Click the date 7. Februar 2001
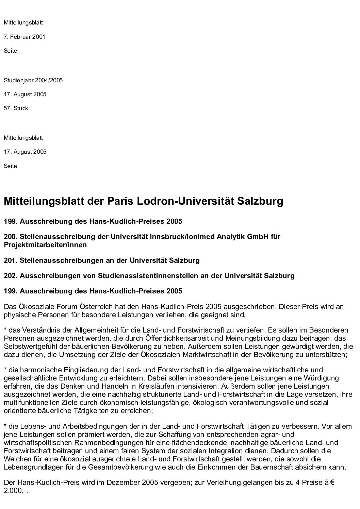coord(24,37)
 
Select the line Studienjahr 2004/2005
coord(33,81)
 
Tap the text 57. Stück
coord(16,108)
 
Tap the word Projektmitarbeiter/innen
coord(45,245)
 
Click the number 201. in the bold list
coord(11,261)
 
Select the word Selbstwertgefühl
coord(29,347)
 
